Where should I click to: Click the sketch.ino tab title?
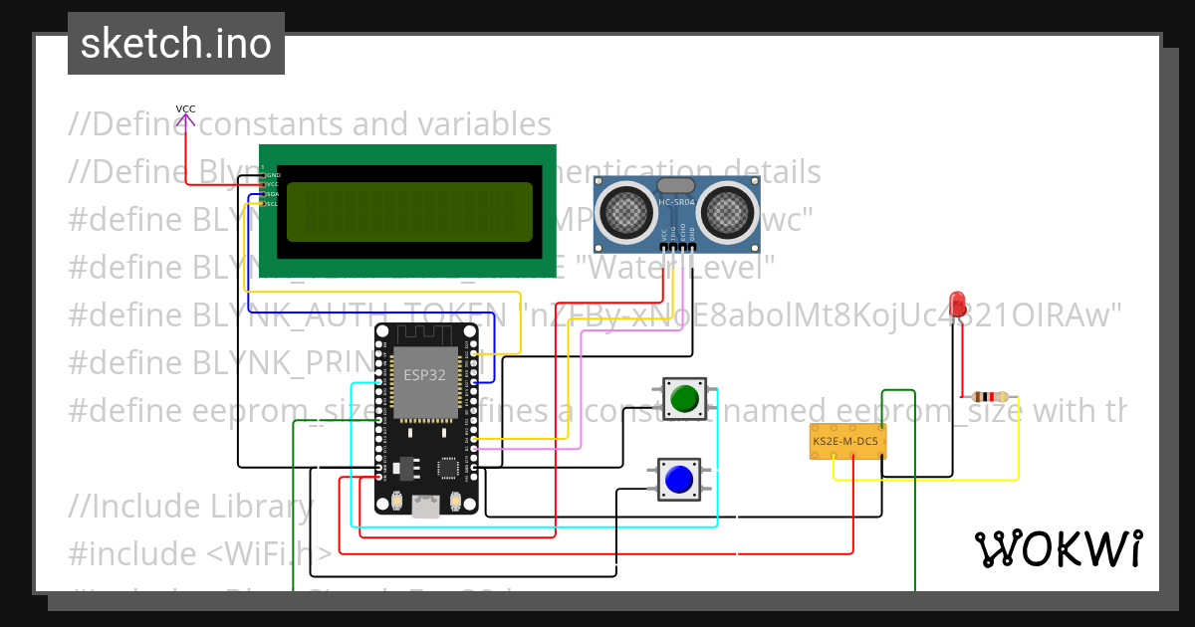click(x=175, y=44)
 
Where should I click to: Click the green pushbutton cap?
click(x=684, y=399)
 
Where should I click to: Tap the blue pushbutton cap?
click(x=679, y=480)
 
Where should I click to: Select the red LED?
click(x=958, y=305)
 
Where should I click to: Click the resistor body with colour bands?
click(x=984, y=396)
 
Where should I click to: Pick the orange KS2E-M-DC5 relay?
click(x=847, y=441)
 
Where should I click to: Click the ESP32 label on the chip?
click(x=424, y=375)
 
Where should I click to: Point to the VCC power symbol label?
click(x=185, y=109)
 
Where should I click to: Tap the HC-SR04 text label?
click(x=676, y=203)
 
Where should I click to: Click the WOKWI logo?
click(x=1058, y=548)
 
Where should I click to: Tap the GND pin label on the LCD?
click(x=272, y=175)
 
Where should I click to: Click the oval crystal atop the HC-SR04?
click(x=676, y=185)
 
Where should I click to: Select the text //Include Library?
click(x=190, y=507)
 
